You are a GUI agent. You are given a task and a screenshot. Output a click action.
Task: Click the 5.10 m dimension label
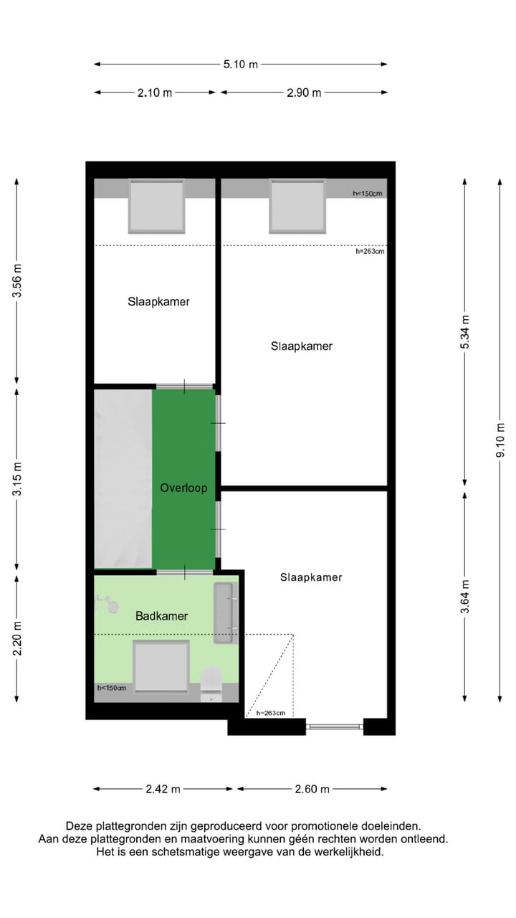pos(240,65)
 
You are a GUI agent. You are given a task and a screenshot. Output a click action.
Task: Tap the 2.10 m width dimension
pos(155,93)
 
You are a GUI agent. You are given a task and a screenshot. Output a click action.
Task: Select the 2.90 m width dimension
pos(304,93)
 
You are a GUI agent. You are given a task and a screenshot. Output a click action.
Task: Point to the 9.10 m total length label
pos(500,440)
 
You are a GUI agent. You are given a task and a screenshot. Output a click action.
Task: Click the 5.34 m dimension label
pos(465,332)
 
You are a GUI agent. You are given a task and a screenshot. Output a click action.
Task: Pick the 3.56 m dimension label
pos(18,280)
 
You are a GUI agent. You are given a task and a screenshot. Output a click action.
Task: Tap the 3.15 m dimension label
pos(18,480)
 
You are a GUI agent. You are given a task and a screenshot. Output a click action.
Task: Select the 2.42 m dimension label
pos(163,789)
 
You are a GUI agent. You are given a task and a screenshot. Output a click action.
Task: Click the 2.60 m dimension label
pos(312,789)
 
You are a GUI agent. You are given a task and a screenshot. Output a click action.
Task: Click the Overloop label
pos(183,488)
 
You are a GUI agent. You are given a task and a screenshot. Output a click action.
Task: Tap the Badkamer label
pos(161,616)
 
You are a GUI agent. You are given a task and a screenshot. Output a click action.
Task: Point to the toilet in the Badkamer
pos(211,682)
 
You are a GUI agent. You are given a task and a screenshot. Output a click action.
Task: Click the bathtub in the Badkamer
pos(224,613)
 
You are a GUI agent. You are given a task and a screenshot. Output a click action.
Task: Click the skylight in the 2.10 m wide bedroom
pos(156,206)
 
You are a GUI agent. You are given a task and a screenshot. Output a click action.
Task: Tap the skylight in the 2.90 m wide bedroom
pos(297,206)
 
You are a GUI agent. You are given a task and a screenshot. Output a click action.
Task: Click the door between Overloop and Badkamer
pos(185,572)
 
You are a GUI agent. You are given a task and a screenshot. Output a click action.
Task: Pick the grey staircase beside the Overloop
pos(123,478)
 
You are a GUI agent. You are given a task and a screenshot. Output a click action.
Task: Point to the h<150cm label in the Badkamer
pos(112,688)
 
